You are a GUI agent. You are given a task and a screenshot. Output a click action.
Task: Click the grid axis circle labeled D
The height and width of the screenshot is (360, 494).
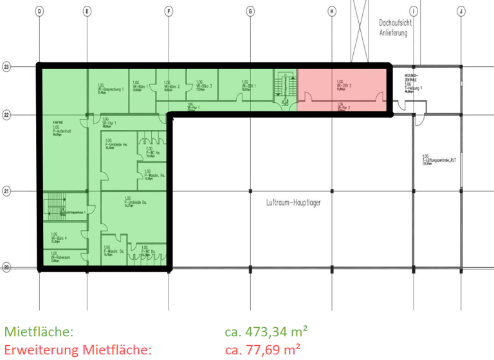click(x=39, y=11)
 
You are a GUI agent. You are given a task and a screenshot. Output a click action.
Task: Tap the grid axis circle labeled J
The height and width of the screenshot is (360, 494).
click(x=461, y=11)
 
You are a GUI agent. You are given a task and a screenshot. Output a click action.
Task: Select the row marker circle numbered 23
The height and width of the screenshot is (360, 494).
click(x=7, y=66)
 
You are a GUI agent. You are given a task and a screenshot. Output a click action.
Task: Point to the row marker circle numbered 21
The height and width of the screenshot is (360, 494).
click(x=7, y=191)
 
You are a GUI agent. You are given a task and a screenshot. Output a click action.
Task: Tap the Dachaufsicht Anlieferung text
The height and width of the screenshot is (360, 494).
click(x=395, y=27)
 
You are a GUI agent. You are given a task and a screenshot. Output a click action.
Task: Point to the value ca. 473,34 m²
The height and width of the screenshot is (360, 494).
click(x=266, y=332)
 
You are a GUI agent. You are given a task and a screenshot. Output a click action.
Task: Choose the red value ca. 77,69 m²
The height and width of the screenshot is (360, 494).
click(x=261, y=350)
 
